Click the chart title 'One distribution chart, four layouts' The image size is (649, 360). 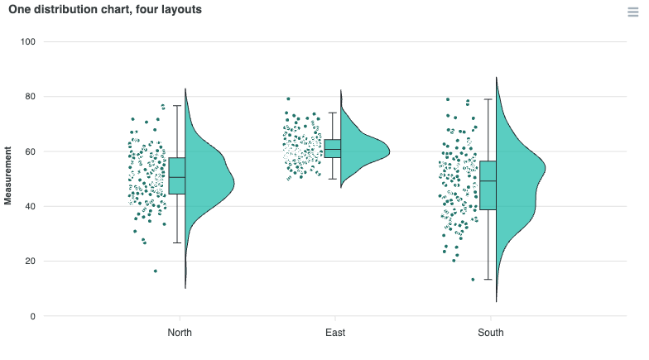click(105, 10)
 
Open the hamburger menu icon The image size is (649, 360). click(632, 12)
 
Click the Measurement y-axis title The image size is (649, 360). click(8, 175)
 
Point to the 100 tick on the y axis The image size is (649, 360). click(28, 41)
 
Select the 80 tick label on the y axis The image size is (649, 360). click(30, 96)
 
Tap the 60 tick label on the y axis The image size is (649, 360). click(30, 151)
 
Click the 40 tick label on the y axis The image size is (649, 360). click(30, 207)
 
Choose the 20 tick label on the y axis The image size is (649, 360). click(30, 262)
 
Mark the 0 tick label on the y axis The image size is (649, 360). click(33, 316)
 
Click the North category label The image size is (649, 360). click(180, 333)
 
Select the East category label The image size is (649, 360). click(335, 333)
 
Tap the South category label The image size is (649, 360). click(491, 333)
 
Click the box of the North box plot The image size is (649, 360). click(177, 175)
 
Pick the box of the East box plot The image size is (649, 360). click(333, 149)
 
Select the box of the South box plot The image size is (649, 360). click(488, 185)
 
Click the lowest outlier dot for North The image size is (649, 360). click(156, 271)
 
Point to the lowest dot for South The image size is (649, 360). click(474, 280)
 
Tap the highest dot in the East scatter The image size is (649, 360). click(288, 99)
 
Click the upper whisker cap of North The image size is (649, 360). click(177, 106)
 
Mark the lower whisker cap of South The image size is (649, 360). click(488, 280)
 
